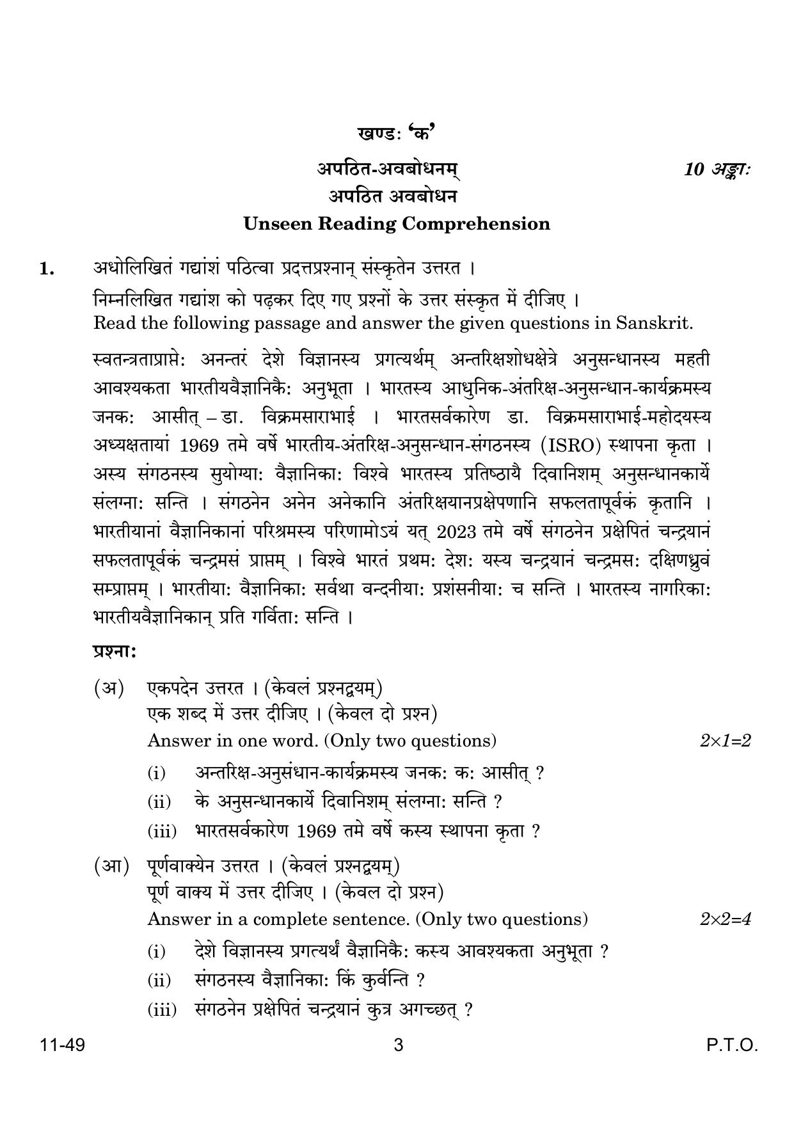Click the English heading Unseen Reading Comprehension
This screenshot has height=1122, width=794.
click(397, 223)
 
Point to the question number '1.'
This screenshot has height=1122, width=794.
click(47, 269)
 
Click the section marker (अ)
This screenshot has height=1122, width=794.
click(109, 688)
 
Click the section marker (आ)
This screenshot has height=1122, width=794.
click(111, 866)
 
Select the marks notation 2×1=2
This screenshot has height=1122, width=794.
click(725, 741)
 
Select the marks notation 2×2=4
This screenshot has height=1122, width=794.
click(725, 919)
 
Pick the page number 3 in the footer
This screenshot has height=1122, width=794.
click(398, 1046)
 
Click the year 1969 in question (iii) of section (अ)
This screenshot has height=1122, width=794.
click(317, 831)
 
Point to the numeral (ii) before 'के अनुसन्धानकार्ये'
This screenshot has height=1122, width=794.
click(159, 802)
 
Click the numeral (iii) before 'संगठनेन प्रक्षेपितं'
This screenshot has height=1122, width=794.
click(162, 1011)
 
